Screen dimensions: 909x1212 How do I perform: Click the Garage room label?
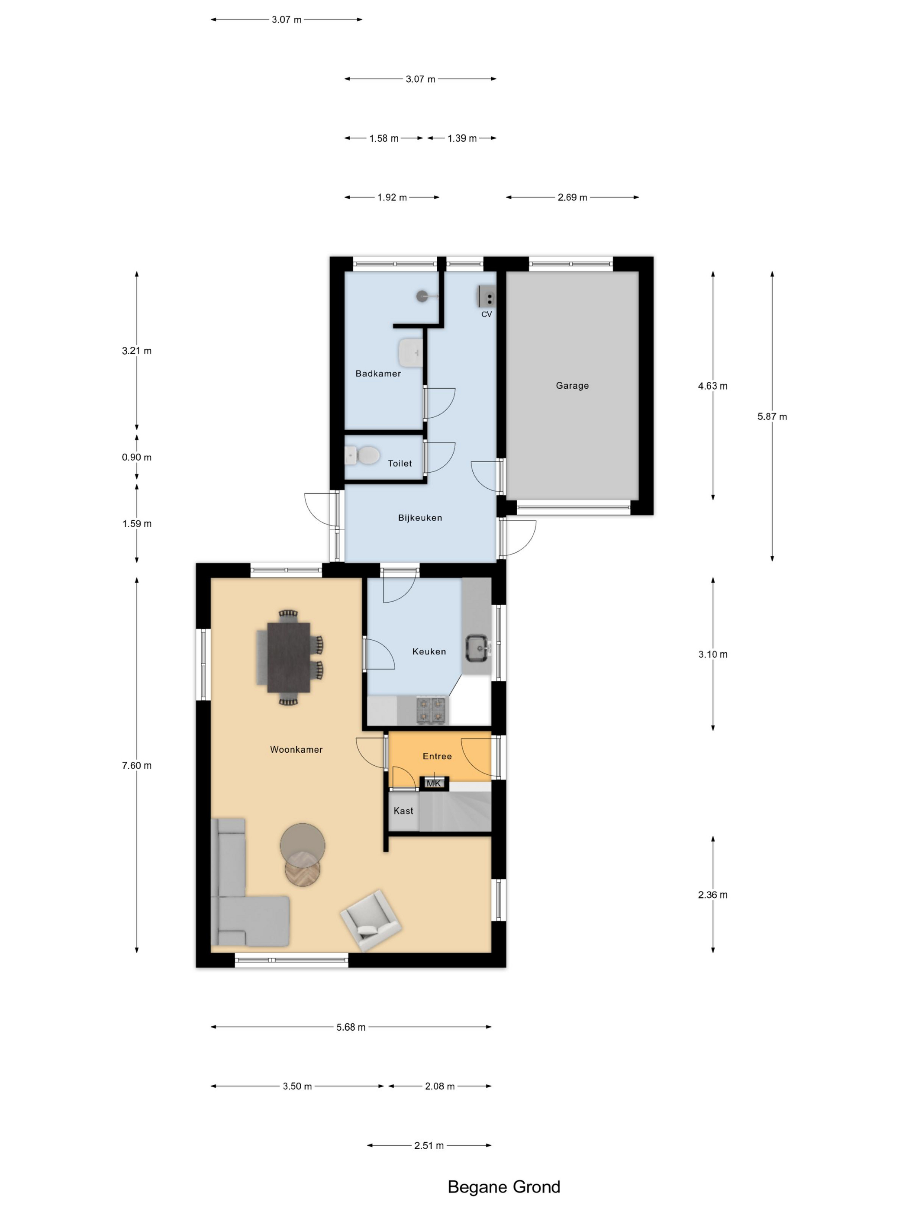click(572, 386)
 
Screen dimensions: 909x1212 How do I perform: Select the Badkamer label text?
click(378, 374)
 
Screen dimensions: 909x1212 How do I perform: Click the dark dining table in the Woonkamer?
click(289, 657)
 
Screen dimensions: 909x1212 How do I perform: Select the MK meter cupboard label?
click(433, 783)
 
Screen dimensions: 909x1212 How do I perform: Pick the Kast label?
click(403, 811)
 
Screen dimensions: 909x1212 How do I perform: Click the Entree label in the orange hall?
click(437, 756)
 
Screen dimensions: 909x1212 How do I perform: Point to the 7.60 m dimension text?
click(136, 765)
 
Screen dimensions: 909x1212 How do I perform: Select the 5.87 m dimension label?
click(772, 416)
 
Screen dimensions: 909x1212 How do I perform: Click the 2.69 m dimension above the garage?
click(572, 197)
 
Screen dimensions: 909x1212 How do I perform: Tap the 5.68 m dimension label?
click(351, 1027)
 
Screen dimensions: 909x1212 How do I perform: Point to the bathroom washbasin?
click(411, 352)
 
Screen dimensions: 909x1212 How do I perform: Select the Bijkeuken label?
click(420, 518)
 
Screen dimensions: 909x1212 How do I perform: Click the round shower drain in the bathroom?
click(422, 297)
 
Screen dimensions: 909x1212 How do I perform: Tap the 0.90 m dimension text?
click(136, 458)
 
